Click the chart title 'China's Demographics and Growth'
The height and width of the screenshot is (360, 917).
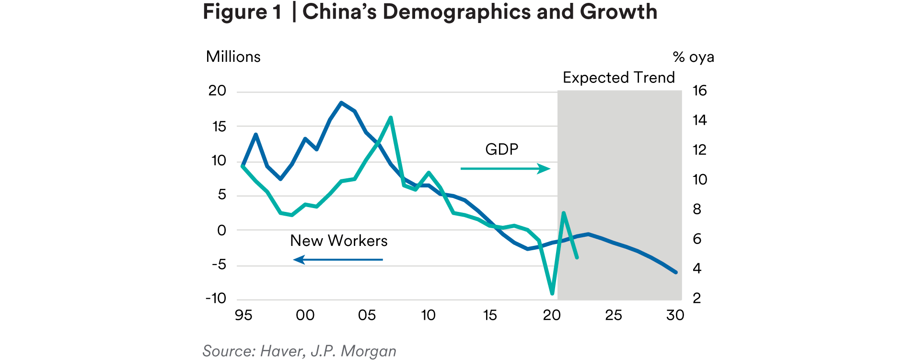(x=479, y=12)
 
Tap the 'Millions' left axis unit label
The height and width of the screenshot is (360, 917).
(x=233, y=57)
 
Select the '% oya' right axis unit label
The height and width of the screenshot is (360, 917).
(x=693, y=58)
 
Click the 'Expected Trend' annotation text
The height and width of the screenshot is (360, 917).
(x=618, y=78)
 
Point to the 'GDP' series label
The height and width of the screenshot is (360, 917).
(x=501, y=150)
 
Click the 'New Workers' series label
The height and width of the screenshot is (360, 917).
(x=338, y=241)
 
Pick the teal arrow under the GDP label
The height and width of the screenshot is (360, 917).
(x=505, y=169)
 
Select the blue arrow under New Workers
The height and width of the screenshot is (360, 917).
(x=338, y=260)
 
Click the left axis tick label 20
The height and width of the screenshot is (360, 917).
(x=217, y=91)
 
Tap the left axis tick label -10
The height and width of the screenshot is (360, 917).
(x=216, y=299)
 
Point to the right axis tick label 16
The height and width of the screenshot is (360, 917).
(x=699, y=91)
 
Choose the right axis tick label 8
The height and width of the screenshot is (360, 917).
(x=697, y=209)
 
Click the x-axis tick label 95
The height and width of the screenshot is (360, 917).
(x=244, y=315)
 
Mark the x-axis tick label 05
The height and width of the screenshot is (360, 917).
(x=367, y=315)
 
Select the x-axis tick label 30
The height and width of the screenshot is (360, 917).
(x=675, y=315)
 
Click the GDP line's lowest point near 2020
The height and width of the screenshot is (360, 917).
(x=552, y=293)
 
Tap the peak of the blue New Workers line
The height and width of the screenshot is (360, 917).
(x=341, y=103)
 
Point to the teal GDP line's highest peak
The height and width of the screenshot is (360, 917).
(x=391, y=117)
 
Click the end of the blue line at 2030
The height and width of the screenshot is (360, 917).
(x=675, y=272)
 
